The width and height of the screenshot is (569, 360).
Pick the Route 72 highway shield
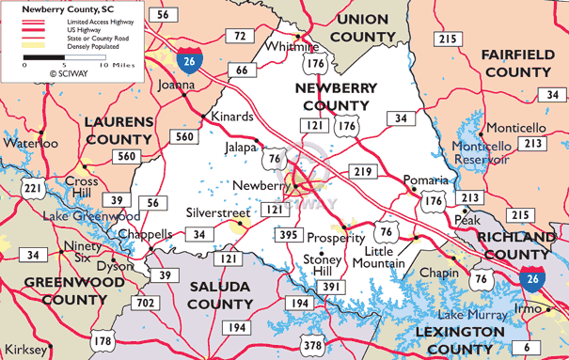tap(241, 36)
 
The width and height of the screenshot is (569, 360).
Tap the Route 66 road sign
tap(242, 70)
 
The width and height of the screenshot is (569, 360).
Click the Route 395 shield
tap(288, 234)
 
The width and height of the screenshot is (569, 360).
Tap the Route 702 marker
tap(146, 303)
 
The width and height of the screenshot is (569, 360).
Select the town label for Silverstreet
tap(217, 213)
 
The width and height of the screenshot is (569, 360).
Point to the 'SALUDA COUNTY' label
tap(220, 294)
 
